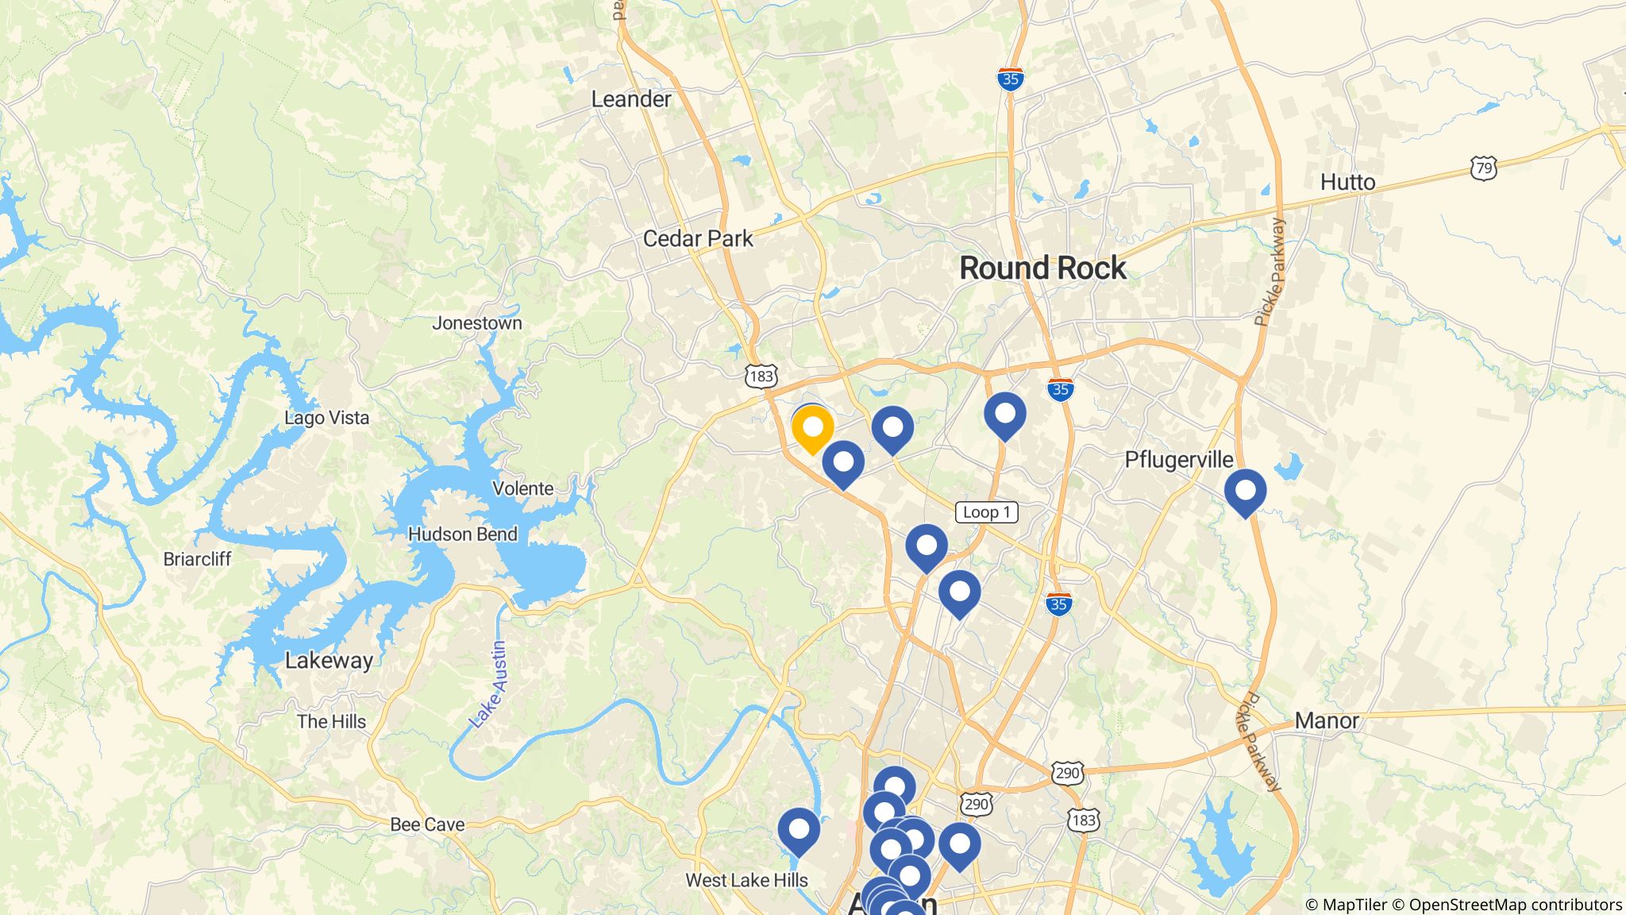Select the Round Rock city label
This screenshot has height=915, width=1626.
pyautogui.click(x=1042, y=268)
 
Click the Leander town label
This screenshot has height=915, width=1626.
pyautogui.click(x=631, y=99)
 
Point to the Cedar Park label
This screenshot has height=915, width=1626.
pyautogui.click(x=698, y=238)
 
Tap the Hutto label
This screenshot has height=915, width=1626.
pyautogui.click(x=1347, y=183)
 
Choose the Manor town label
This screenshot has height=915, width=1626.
pyautogui.click(x=1327, y=721)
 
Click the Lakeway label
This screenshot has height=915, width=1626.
pyautogui.click(x=329, y=661)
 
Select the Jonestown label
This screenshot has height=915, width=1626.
pyautogui.click(x=477, y=323)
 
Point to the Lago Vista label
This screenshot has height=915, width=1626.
pyautogui.click(x=327, y=418)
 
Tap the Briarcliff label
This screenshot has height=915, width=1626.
pyautogui.click(x=197, y=559)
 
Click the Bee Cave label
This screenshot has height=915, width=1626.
pyautogui.click(x=427, y=824)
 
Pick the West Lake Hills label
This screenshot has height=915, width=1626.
pyautogui.click(x=746, y=880)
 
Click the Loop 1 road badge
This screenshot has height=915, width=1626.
pyautogui.click(x=986, y=512)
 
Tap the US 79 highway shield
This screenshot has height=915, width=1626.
pyautogui.click(x=1483, y=168)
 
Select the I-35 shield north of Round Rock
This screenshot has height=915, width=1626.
pyautogui.click(x=1010, y=79)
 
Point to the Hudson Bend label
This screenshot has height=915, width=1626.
pyautogui.click(x=463, y=535)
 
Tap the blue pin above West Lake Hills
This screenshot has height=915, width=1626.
pyautogui.click(x=798, y=831)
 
